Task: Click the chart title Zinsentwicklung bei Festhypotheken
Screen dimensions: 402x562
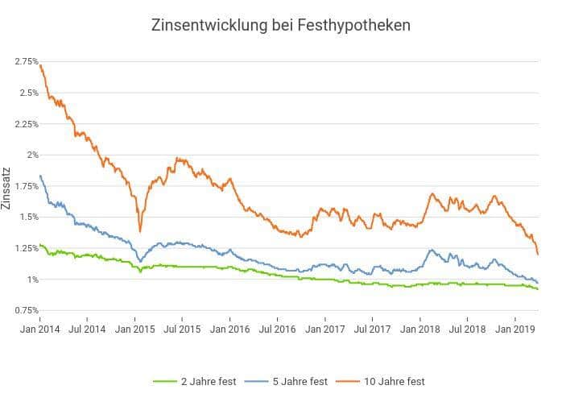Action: point(281,25)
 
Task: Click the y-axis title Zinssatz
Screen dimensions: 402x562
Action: point(7,190)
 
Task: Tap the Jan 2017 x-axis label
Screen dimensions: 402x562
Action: point(325,329)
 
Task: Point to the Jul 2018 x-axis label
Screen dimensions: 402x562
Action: point(468,329)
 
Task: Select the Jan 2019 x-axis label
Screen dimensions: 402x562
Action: point(515,329)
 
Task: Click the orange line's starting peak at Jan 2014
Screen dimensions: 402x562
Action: point(41,65)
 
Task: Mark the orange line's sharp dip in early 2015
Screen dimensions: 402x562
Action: point(140,230)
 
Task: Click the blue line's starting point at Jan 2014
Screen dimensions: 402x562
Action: point(40,176)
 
